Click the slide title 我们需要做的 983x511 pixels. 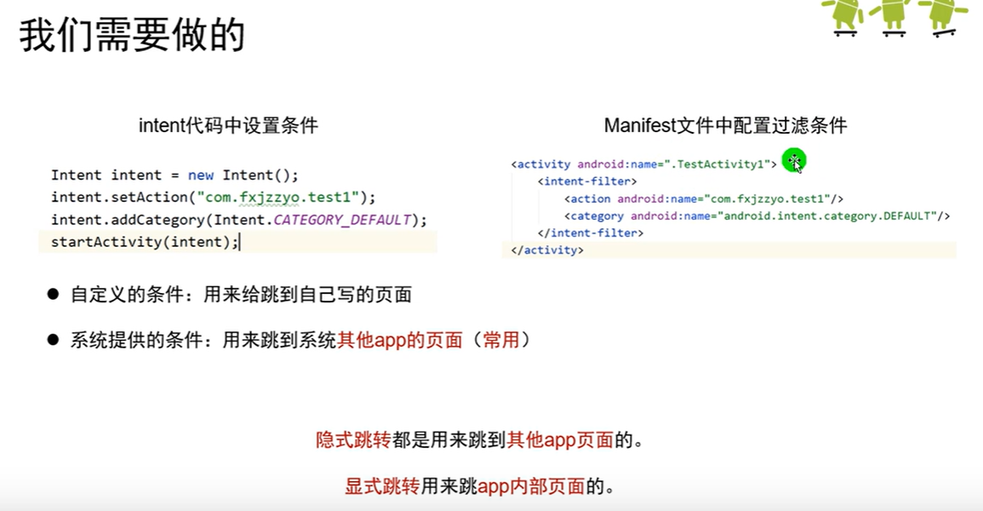click(x=132, y=35)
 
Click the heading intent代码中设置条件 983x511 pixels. click(x=228, y=126)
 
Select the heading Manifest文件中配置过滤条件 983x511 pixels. click(x=725, y=126)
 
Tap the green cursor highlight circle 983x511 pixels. click(x=793, y=160)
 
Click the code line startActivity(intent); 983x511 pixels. click(x=145, y=242)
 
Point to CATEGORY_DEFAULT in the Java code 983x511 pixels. click(x=342, y=220)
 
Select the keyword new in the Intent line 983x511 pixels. click(x=201, y=175)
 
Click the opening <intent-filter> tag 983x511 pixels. click(x=587, y=181)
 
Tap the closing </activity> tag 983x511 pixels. click(x=547, y=250)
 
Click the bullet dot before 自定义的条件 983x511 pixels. click(x=54, y=295)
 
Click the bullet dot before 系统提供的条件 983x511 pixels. click(x=54, y=340)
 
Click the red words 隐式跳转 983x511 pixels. click(x=352, y=440)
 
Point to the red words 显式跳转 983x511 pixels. click(x=381, y=486)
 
